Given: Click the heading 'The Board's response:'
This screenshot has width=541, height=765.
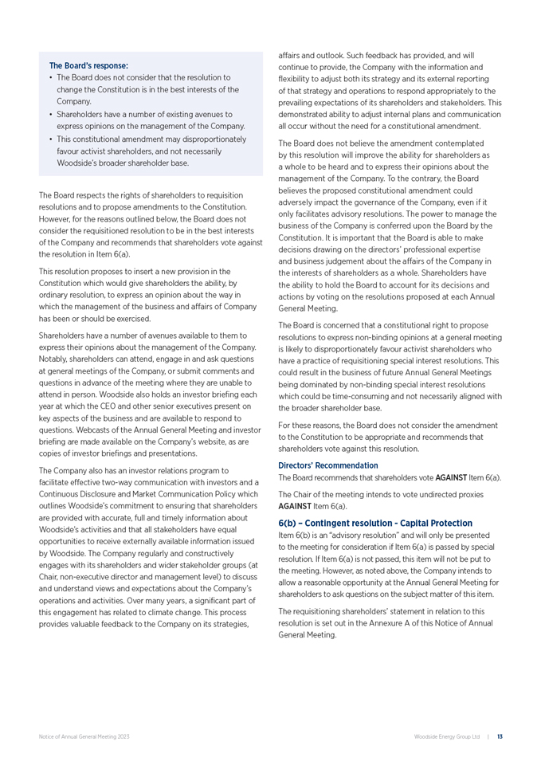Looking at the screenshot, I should (88, 65).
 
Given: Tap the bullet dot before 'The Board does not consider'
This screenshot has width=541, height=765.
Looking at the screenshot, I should (51, 78).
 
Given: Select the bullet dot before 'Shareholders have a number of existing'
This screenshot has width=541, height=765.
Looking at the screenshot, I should (51, 115).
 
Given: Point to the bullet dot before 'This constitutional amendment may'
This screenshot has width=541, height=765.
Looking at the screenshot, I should (51, 139).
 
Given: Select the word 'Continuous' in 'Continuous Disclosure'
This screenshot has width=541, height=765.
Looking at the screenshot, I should (61, 494).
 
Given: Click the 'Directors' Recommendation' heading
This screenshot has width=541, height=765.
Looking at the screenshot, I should (328, 465).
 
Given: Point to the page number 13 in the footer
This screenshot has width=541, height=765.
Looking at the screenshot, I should (500, 737).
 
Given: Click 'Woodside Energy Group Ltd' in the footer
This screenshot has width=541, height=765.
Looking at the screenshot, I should (446, 737).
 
